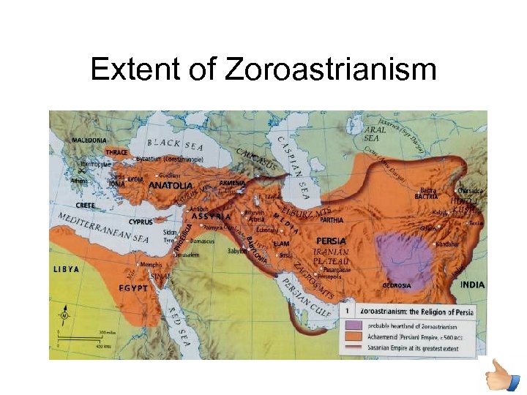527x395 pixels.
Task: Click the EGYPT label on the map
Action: (133, 288)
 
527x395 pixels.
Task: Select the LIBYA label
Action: (66, 269)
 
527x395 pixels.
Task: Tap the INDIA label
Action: (472, 285)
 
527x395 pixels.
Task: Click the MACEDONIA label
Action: (89, 140)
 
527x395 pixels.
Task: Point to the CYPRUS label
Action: (141, 222)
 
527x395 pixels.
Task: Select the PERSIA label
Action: (331, 241)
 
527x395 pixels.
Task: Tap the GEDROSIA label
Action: (397, 285)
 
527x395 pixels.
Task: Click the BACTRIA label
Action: (426, 197)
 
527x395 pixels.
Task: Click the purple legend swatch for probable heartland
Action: (353, 325)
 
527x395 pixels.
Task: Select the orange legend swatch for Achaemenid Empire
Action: (353, 337)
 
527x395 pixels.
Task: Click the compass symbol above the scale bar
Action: (64, 317)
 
